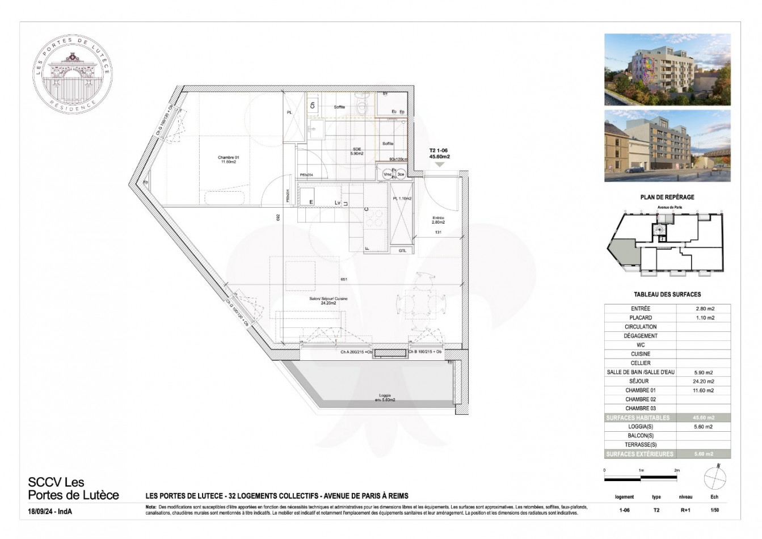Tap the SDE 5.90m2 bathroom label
point(356,151)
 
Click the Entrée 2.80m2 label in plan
point(437,220)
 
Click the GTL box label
point(402,250)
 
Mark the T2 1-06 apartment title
point(439,154)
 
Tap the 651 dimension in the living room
point(343,280)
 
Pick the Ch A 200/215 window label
point(356,352)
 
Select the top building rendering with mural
point(667,69)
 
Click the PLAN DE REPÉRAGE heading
point(667,197)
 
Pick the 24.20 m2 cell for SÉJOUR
point(704,381)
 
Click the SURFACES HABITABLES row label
point(638,418)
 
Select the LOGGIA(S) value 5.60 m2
point(704,427)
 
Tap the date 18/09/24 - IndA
point(51,512)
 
